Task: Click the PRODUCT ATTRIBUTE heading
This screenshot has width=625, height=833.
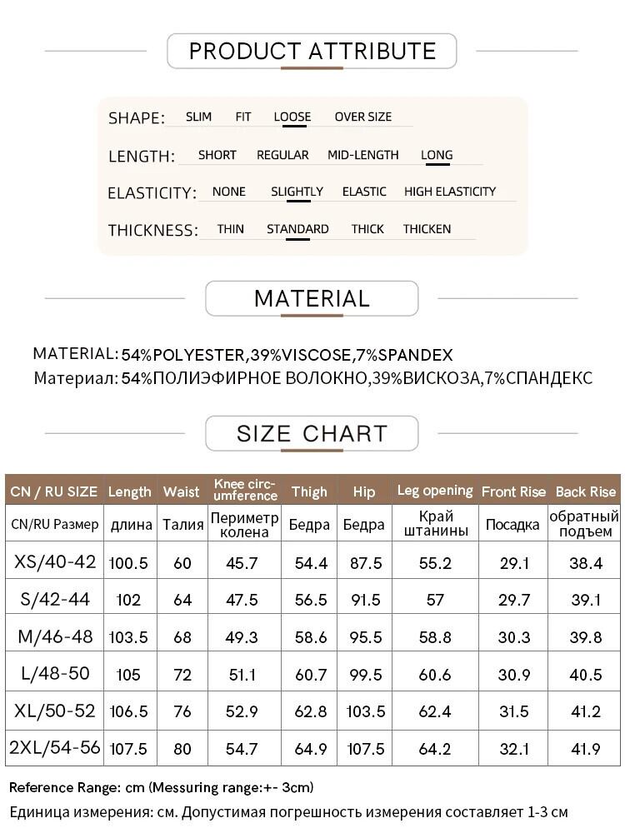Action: [312, 52]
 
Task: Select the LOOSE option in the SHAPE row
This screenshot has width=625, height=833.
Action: [292, 117]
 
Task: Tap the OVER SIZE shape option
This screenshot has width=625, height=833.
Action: [362, 117]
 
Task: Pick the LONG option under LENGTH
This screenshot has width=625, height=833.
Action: [437, 155]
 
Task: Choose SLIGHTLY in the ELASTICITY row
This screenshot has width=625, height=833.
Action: [297, 192]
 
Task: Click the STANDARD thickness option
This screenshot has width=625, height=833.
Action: [297, 229]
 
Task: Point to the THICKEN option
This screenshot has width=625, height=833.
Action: [427, 229]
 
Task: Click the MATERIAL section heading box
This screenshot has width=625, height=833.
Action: [312, 298]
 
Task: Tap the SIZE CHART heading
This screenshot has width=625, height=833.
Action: [312, 434]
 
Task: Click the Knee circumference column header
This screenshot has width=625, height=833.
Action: [245, 490]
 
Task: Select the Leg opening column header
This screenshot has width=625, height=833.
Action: [435, 491]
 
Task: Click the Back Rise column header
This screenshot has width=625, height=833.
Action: [585, 491]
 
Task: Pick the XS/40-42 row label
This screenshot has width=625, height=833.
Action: [55, 562]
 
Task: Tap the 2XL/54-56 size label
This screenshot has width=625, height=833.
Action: [55, 748]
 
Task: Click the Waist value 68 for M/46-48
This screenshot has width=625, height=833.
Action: [182, 637]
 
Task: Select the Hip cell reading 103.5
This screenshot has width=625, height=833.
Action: [364, 711]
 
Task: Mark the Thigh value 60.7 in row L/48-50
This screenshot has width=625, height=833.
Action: [311, 675]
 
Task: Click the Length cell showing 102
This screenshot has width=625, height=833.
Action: [129, 600]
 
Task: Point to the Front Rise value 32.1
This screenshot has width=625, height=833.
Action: [513, 749]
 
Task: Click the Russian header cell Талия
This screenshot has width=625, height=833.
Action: [182, 525]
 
